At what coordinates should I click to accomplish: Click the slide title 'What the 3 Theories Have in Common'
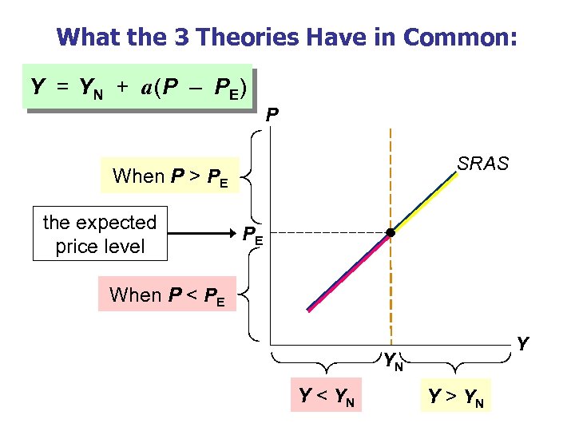coord(287,37)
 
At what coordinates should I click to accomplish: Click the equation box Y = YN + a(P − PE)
coord(140,86)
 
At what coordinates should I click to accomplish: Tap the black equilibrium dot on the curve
coord(391,233)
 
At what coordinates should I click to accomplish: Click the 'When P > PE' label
coord(170,176)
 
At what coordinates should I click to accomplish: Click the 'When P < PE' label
coord(167,295)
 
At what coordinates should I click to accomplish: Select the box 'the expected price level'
coord(100,234)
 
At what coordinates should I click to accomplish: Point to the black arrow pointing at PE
coord(203,234)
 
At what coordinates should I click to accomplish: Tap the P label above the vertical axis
coord(272,117)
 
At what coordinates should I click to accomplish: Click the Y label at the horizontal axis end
coord(522,344)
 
